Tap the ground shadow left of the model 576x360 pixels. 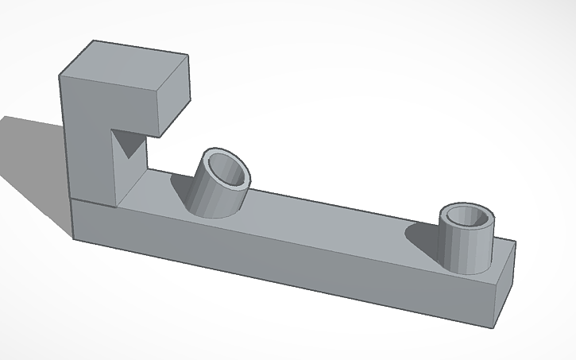click(32, 159)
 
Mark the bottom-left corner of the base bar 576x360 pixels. click(74, 237)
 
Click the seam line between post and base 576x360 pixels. click(91, 202)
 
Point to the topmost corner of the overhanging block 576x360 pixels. click(94, 39)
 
